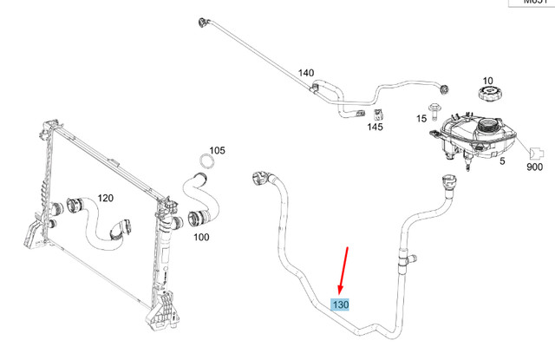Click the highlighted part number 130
[341, 304]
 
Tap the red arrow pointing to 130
[344, 270]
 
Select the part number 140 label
[306, 73]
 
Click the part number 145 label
[375, 128]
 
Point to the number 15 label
[421, 118]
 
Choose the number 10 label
[486, 81]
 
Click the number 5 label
[500, 160]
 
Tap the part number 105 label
[217, 150]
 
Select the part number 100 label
[200, 236]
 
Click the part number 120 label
[105, 198]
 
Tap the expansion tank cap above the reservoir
[486, 96]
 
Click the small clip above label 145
[378, 114]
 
